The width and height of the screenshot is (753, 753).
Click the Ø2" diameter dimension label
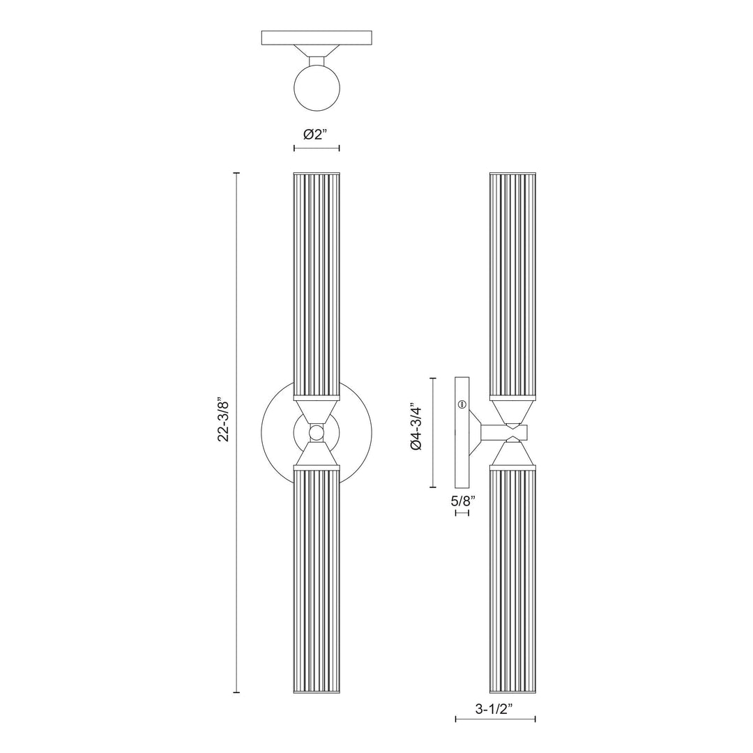(317, 135)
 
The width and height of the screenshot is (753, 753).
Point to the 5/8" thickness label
(464, 500)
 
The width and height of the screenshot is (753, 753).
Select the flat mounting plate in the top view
(317, 38)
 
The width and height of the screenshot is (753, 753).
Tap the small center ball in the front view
(317, 433)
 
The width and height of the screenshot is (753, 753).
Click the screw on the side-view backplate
(461, 404)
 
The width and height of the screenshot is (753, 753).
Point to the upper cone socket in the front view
(317, 410)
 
